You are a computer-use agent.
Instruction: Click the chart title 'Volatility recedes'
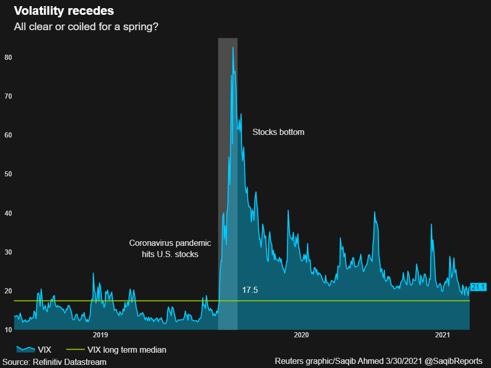click(64, 11)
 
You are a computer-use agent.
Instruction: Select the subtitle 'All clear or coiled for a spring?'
click(86, 26)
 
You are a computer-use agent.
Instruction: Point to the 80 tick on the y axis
click(8, 57)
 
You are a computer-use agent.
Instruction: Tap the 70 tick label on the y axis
click(8, 96)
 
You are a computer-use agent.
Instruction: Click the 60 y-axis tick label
click(8, 135)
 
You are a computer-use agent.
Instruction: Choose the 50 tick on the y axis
click(8, 174)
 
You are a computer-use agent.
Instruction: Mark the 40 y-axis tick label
click(8, 213)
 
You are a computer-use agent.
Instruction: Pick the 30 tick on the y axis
click(8, 252)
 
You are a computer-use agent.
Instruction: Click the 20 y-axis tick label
click(8, 291)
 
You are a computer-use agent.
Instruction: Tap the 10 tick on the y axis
click(8, 330)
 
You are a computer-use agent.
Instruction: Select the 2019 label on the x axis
click(100, 335)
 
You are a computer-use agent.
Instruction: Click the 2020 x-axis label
click(301, 335)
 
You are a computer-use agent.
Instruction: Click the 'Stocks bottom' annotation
click(278, 132)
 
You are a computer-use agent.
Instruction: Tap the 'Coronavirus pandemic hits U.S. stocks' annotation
click(163, 248)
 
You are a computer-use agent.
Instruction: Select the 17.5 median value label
click(250, 290)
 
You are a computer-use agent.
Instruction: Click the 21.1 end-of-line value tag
click(478, 287)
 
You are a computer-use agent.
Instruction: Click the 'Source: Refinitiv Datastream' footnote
click(54, 361)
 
